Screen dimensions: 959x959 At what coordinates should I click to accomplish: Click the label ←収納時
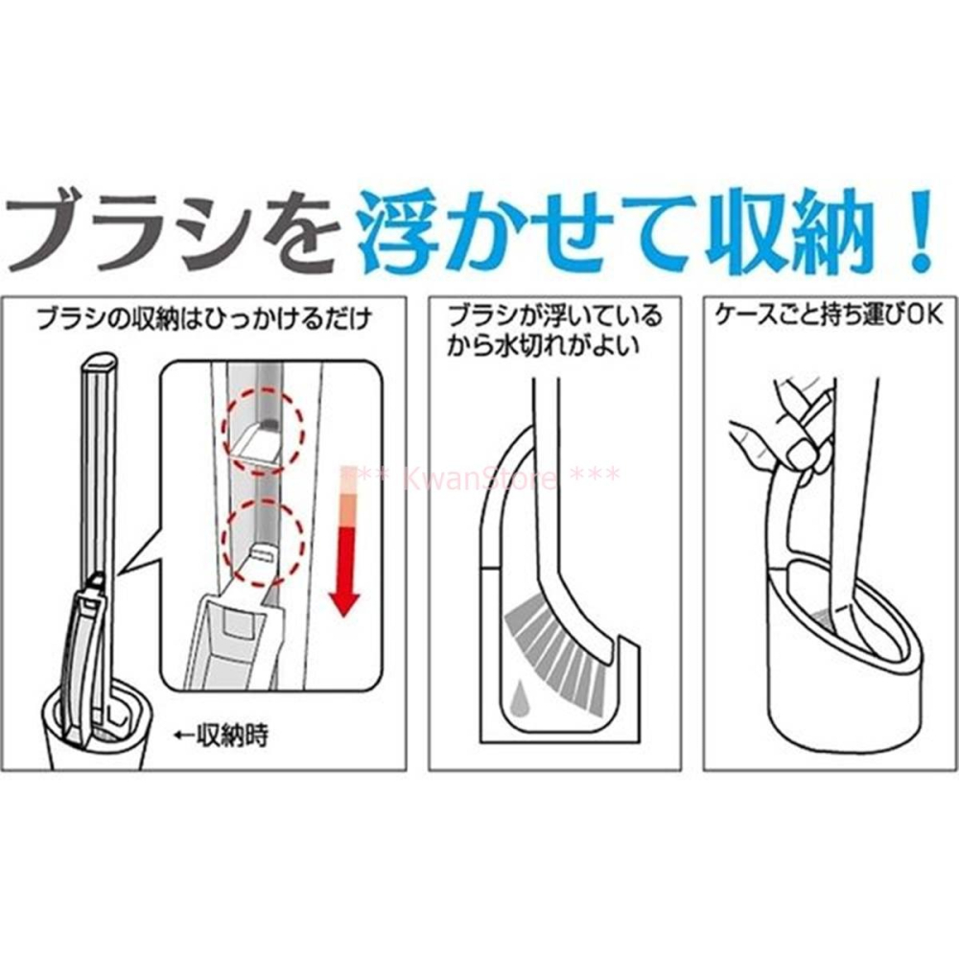coord(221,736)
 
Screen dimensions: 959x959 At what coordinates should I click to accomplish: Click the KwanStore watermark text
coord(479,476)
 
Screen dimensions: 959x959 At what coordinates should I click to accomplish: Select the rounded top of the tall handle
coord(100,362)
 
